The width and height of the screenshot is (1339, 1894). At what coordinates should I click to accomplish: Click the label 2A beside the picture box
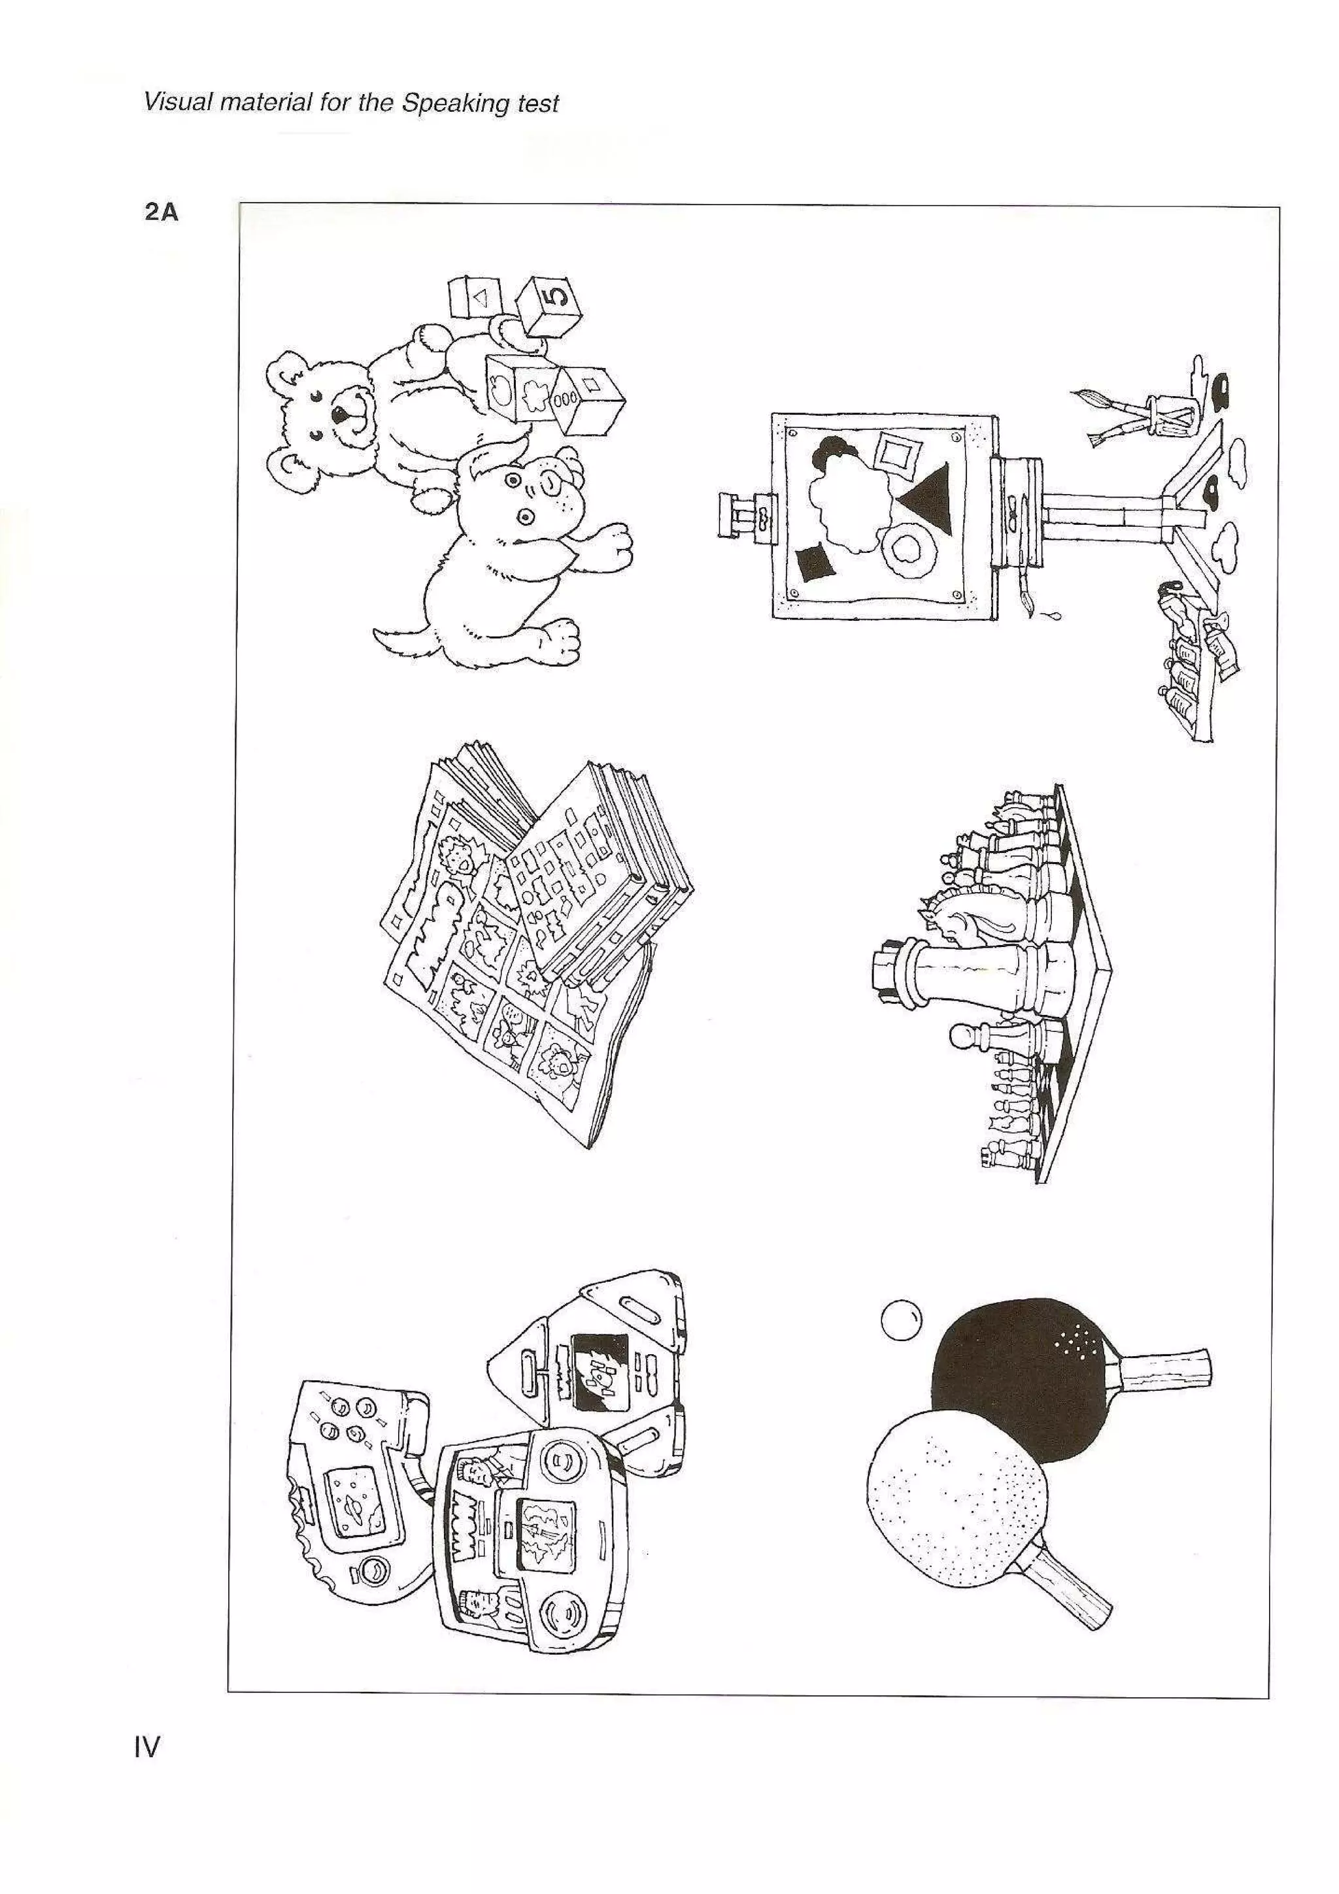coord(161,213)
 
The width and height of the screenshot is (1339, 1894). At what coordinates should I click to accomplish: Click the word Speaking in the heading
coord(454,103)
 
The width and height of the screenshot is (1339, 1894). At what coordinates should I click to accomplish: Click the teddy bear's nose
coord(340,413)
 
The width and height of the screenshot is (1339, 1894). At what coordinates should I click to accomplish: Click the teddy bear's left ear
coord(290,372)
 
